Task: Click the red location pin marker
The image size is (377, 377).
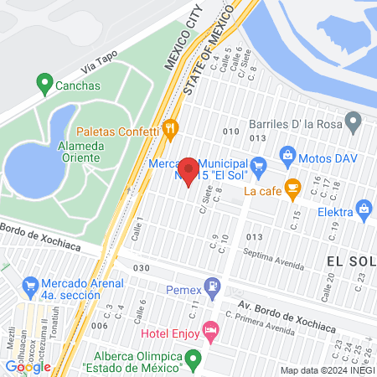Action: pyautogui.click(x=188, y=172)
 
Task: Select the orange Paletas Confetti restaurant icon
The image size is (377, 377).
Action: pyautogui.click(x=171, y=129)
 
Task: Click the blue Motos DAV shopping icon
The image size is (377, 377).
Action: pyautogui.click(x=287, y=155)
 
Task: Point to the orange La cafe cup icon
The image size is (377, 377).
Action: pyautogui.click(x=292, y=189)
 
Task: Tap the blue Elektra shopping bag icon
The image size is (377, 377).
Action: pyautogui.click(x=364, y=208)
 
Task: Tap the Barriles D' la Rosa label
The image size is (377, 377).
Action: pyautogui.click(x=303, y=125)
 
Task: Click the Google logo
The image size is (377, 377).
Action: pyautogui.click(x=28, y=366)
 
